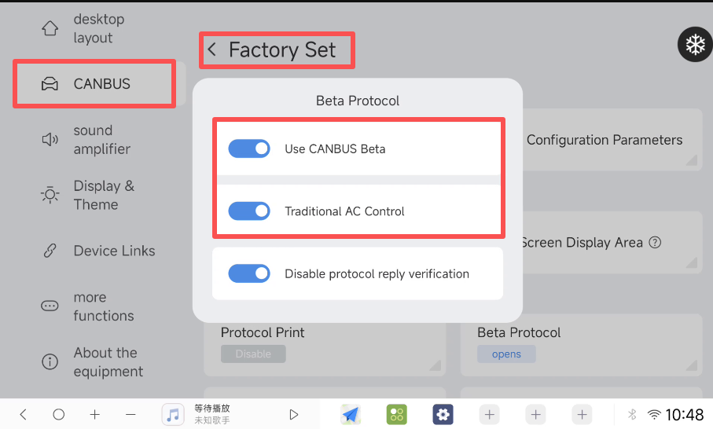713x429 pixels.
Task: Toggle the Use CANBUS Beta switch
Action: (249, 148)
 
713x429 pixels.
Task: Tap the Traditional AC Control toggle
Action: (249, 211)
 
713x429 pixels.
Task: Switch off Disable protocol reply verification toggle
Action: (249, 273)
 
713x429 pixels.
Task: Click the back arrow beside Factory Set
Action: (212, 49)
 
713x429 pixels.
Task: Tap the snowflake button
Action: (695, 45)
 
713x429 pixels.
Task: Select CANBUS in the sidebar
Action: (94, 84)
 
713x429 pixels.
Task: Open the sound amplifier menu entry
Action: (86, 140)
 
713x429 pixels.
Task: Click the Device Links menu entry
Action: (98, 251)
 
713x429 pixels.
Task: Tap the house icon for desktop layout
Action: (50, 28)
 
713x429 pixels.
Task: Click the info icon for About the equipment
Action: (50, 361)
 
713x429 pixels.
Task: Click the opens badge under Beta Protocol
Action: (506, 354)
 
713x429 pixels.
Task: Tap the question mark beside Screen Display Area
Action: (655, 242)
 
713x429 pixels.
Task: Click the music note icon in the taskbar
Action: (173, 414)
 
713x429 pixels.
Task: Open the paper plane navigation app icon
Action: (350, 414)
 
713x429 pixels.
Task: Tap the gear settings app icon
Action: (443, 414)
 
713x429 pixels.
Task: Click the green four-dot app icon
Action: (396, 414)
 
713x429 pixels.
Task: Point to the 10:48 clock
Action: (685, 414)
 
